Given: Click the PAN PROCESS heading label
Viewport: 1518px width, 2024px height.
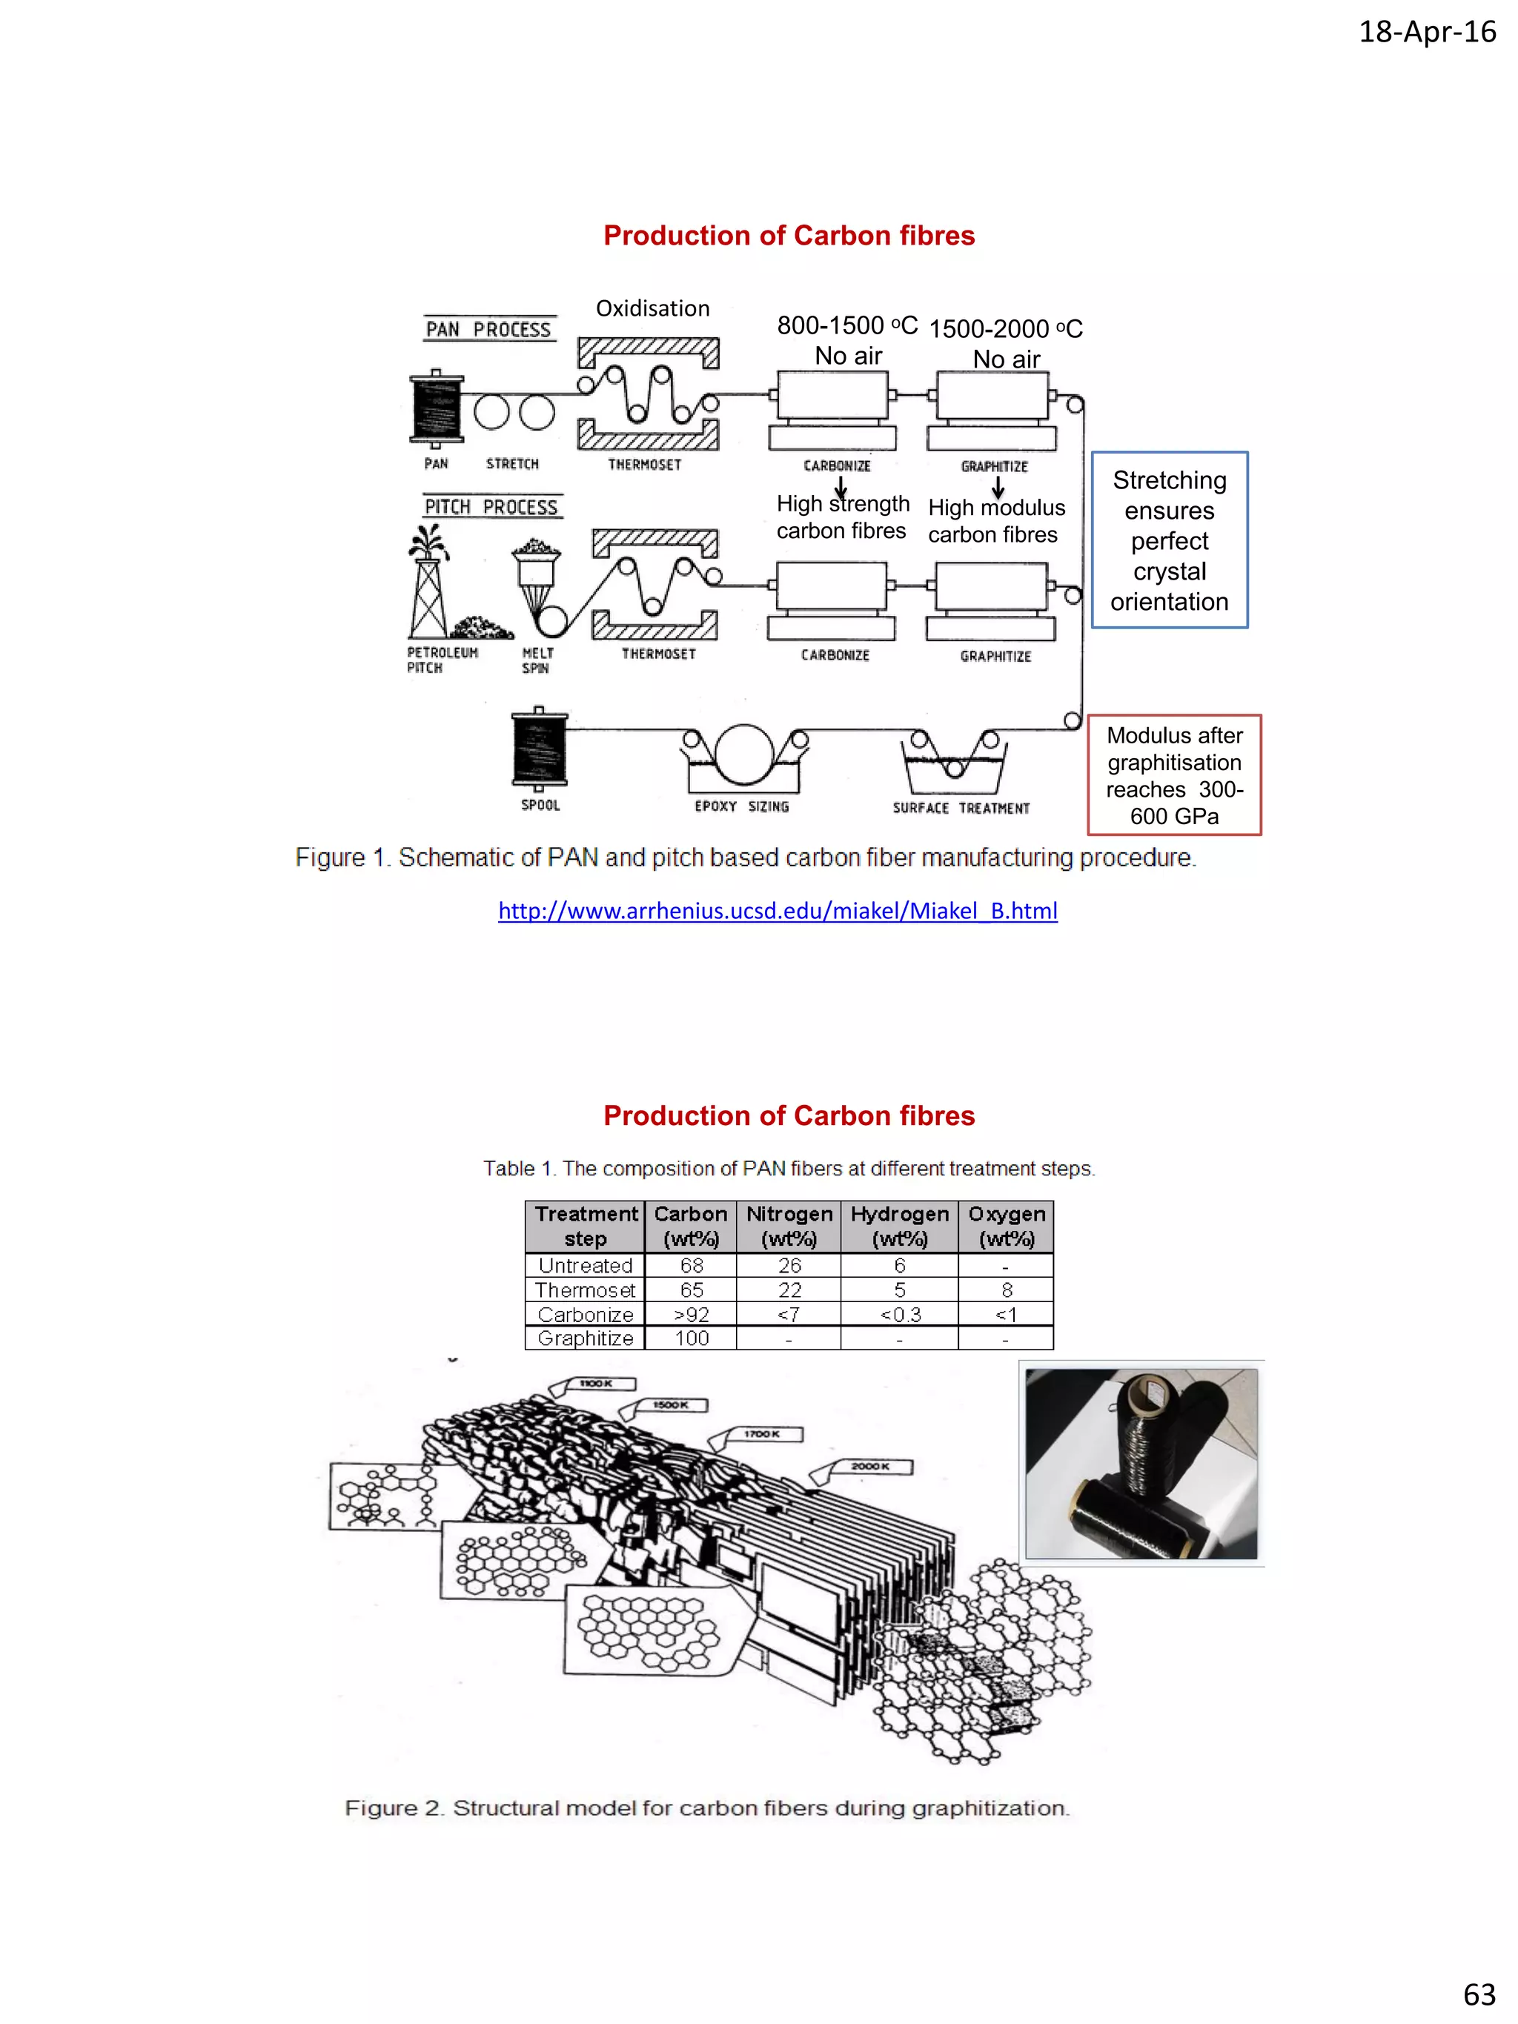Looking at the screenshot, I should point(488,328).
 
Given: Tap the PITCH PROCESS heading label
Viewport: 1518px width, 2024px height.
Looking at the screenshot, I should point(491,506).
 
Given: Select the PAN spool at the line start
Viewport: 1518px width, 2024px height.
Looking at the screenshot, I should point(437,408).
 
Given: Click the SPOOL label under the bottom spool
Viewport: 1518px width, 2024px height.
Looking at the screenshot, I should point(540,805).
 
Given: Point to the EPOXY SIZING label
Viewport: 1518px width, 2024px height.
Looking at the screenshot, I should point(741,806).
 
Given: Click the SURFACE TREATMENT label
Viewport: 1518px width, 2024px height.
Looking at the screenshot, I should point(961,808).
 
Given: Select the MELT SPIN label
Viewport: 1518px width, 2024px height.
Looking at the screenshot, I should point(537,660).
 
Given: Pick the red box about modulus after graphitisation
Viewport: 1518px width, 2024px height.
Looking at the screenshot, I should point(1174,775).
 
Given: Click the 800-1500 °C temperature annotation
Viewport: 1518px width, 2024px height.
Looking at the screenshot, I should point(846,326).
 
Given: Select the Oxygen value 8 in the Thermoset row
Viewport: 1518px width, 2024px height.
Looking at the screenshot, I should point(1006,1290).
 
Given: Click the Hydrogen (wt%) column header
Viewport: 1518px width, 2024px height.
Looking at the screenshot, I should point(898,1226).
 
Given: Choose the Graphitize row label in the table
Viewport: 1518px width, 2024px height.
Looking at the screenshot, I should point(585,1338).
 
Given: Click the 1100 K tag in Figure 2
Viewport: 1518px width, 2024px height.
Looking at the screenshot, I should point(596,1384).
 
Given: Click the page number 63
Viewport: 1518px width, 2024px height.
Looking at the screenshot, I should point(1479,1994).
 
